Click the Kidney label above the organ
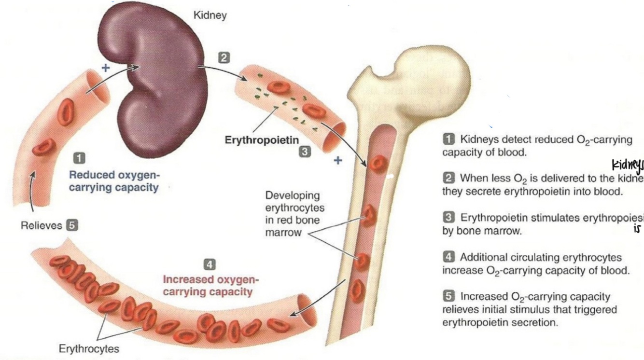pyautogui.click(x=210, y=15)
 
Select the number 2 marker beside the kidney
pyautogui.click(x=223, y=58)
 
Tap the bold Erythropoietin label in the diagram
pyautogui.click(x=262, y=140)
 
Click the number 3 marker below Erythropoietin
pyautogui.click(x=304, y=152)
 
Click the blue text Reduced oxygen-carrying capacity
pyautogui.click(x=113, y=181)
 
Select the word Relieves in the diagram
pyautogui.click(x=42, y=225)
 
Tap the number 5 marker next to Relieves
pyautogui.click(x=72, y=225)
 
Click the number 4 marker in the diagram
pyautogui.click(x=209, y=264)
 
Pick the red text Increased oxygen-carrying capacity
pyautogui.click(x=210, y=286)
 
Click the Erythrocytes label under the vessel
pyautogui.click(x=88, y=348)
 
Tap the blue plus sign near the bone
pyautogui.click(x=337, y=160)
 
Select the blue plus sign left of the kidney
pyautogui.click(x=105, y=68)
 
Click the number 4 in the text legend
pyautogui.click(x=448, y=257)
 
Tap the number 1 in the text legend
pyautogui.click(x=448, y=139)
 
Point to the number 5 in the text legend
pyautogui.click(x=448, y=296)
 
